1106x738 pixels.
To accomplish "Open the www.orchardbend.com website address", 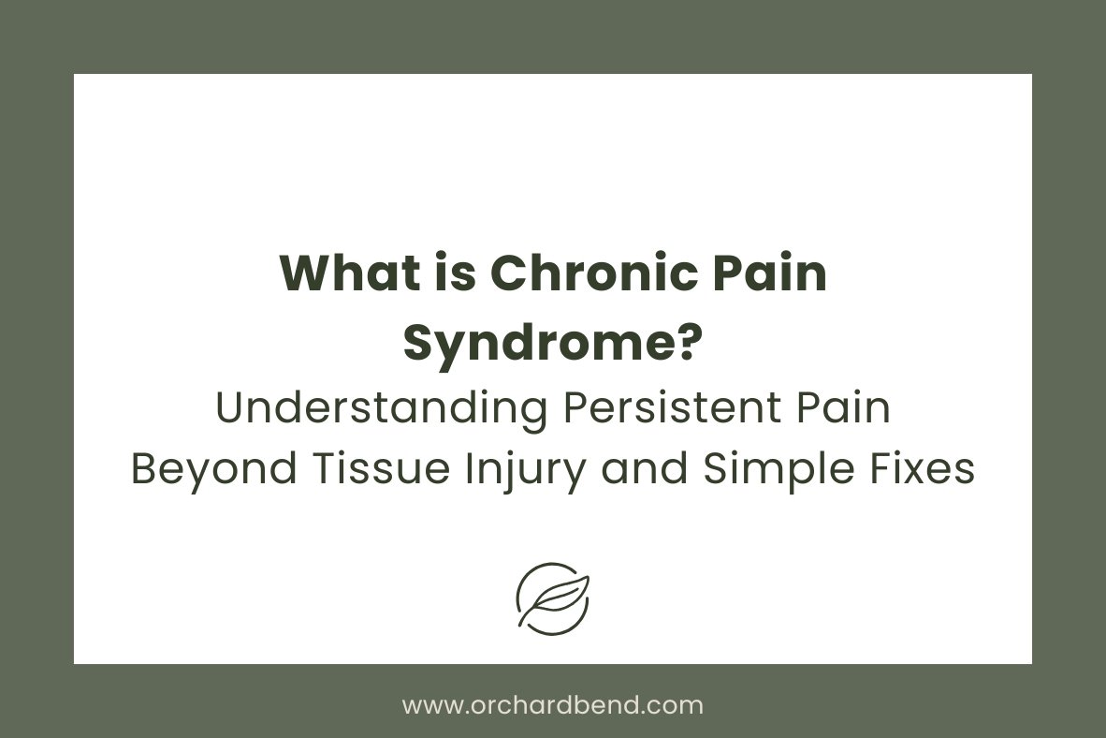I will [553, 705].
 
